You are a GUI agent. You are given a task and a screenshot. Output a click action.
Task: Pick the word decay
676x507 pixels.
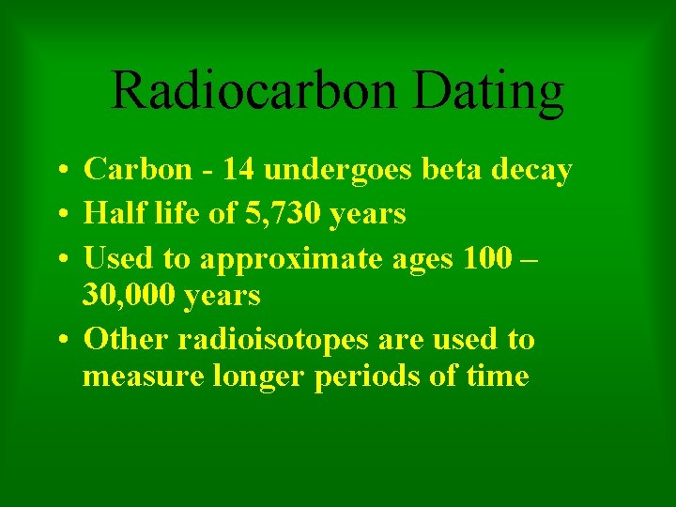[530, 172]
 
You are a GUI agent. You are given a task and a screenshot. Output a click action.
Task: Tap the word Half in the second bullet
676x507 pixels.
[110, 213]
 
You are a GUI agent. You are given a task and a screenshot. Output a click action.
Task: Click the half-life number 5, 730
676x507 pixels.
[269, 214]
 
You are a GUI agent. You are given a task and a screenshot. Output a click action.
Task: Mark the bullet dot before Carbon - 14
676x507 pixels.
[59, 172]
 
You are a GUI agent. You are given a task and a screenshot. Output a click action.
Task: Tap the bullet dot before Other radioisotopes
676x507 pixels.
[59, 340]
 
